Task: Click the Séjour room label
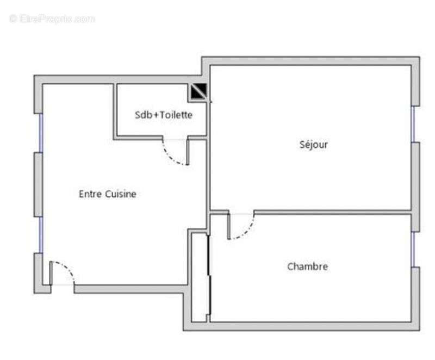point(314,145)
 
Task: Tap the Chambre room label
point(307,266)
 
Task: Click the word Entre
point(90,194)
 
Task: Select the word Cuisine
point(120,194)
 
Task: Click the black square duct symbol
point(198,91)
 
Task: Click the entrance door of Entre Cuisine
point(62,274)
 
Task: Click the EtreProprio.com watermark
point(52,18)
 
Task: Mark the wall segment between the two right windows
point(415,187)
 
